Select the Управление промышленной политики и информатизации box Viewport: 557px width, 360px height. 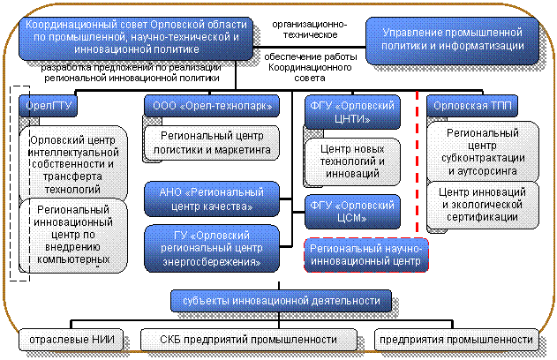click(x=454, y=39)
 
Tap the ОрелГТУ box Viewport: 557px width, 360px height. click(x=50, y=106)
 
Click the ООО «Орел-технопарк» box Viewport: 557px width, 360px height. click(x=212, y=106)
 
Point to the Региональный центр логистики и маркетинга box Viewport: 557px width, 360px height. click(x=212, y=142)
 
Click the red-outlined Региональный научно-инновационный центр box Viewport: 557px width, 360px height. click(x=366, y=255)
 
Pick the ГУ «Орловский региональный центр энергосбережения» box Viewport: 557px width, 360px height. click(x=212, y=248)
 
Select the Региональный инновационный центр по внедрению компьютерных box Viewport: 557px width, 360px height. click(x=72, y=233)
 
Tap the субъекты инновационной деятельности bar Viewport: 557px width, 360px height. click(x=281, y=301)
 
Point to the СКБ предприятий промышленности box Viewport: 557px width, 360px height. click(x=249, y=339)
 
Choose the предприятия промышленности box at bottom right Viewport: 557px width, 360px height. click(x=455, y=339)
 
